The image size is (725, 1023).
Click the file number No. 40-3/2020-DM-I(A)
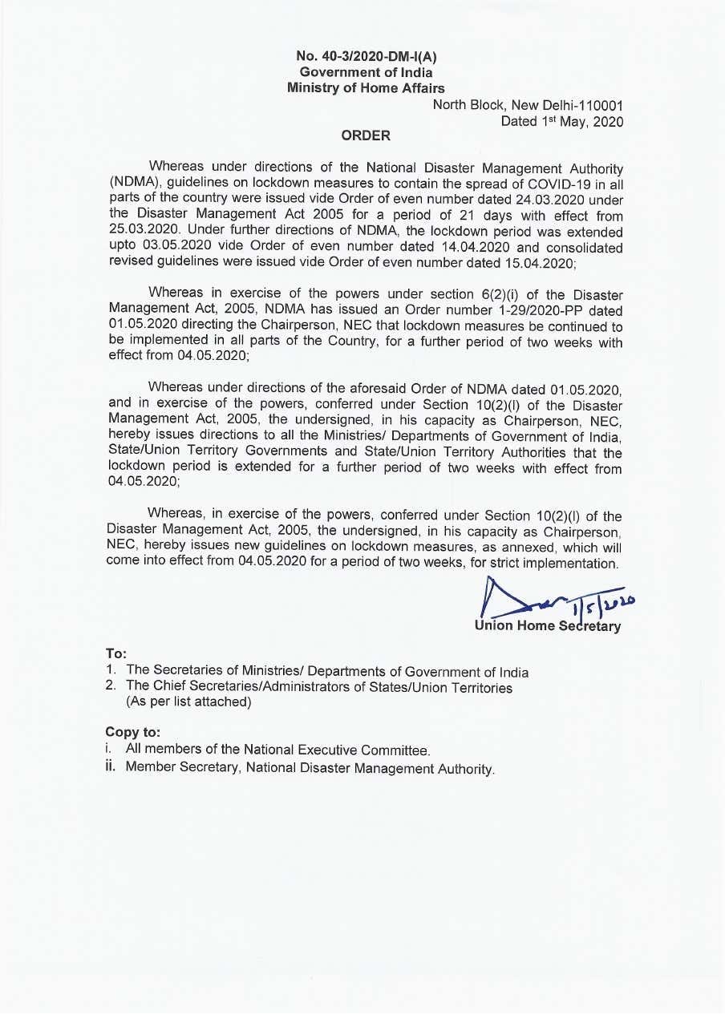click(366, 56)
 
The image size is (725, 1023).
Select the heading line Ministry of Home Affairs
click(366, 88)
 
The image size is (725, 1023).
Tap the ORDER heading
click(366, 135)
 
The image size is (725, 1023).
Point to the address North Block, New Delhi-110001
click(528, 105)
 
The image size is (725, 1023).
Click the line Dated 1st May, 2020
click(561, 121)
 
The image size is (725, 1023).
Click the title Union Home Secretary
click(548, 626)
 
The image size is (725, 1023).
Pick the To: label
click(116, 654)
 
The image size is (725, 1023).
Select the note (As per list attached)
click(189, 702)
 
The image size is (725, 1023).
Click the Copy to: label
click(133, 732)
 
